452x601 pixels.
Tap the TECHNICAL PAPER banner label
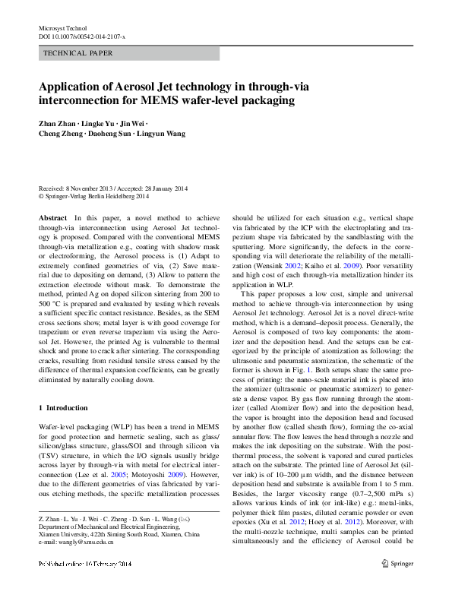tap(78, 53)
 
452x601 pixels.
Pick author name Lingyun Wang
tap(163, 134)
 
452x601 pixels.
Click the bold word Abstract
tap(52, 217)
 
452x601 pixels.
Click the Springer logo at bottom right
tap(397, 584)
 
